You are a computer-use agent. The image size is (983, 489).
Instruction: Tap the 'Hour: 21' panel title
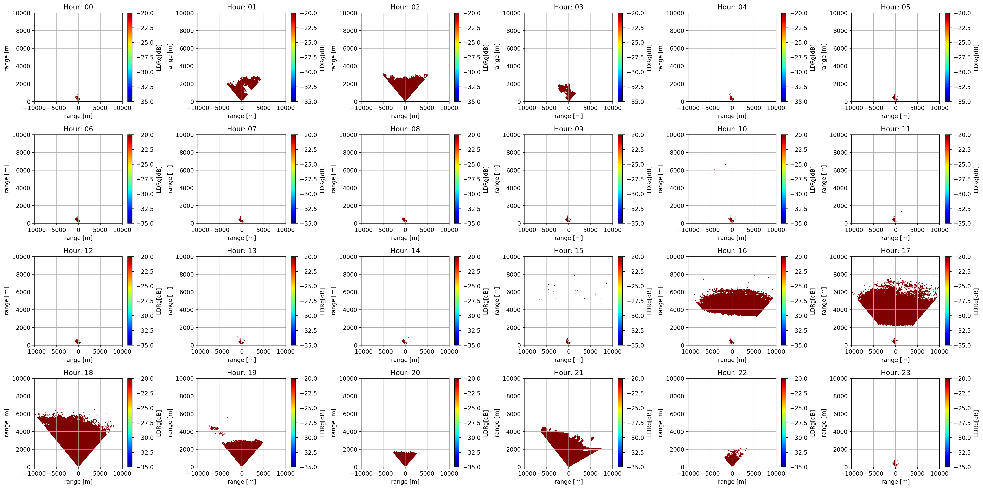568,373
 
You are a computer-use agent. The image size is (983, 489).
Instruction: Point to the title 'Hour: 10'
732,129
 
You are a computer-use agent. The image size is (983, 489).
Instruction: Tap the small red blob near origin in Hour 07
241,219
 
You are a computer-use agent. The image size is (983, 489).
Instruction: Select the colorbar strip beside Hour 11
947,179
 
